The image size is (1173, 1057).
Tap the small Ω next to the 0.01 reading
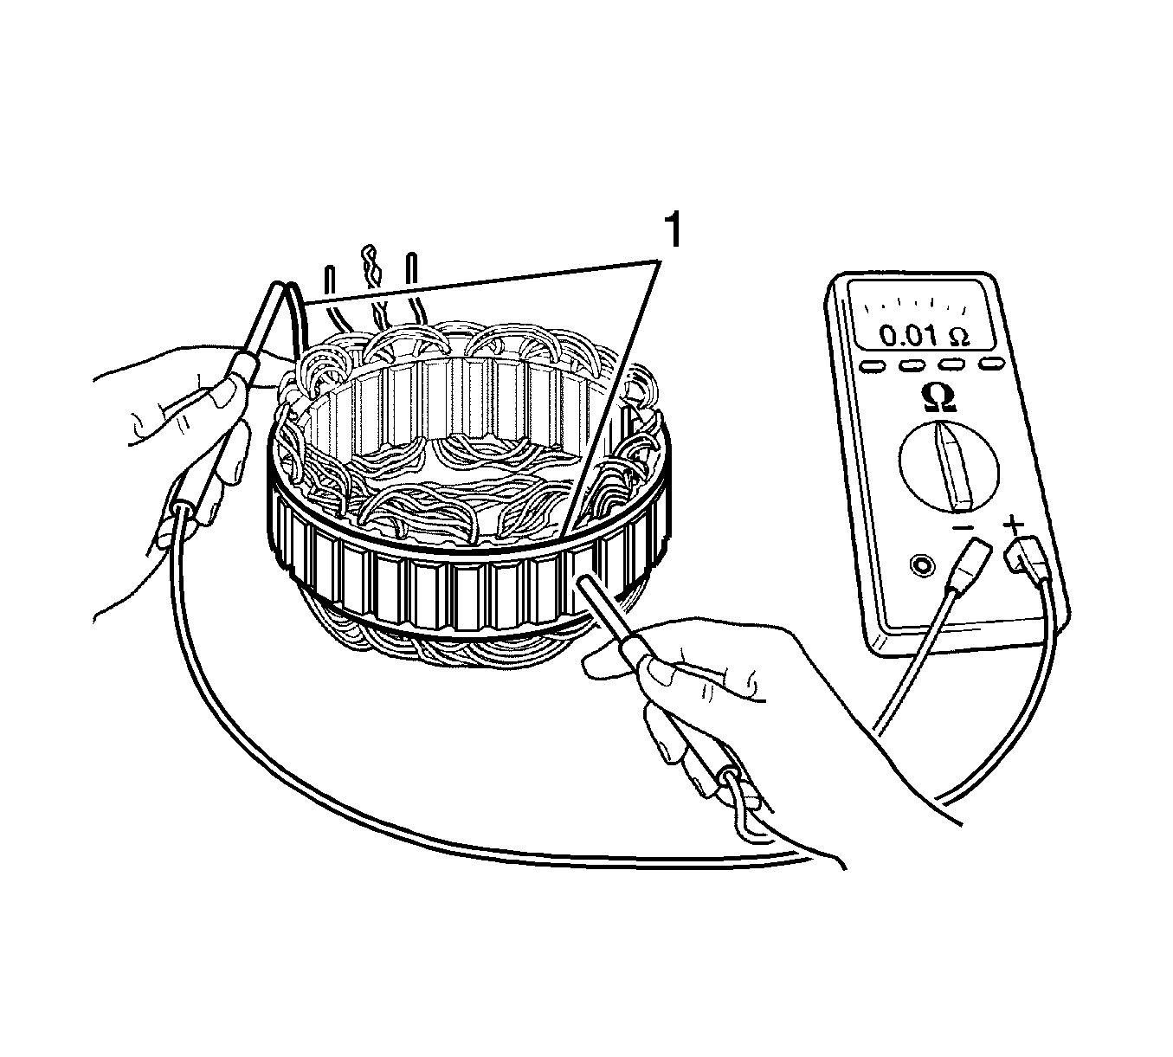pyautogui.click(x=959, y=337)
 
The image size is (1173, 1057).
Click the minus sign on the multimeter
pyautogui.click(x=963, y=528)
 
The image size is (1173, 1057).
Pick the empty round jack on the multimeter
pyautogui.click(x=922, y=565)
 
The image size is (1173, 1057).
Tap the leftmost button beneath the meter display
pyautogui.click(x=873, y=365)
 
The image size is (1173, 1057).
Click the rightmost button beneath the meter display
pyautogui.click(x=992, y=364)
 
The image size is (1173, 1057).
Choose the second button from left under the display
pyautogui.click(x=911, y=365)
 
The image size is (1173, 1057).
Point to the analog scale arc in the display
pyautogui.click(x=914, y=303)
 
